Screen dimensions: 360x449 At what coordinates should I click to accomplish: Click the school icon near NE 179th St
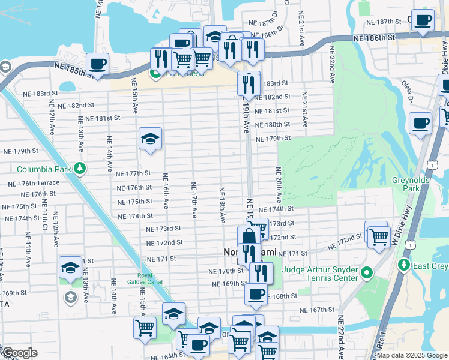click(x=149, y=140)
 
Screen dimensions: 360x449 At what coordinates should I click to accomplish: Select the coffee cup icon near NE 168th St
click(x=255, y=294)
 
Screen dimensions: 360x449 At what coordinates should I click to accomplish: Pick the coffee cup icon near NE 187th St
click(x=423, y=20)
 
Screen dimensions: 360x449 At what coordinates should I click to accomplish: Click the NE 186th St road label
click(x=374, y=37)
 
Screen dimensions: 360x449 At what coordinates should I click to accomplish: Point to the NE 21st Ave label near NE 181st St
click(x=305, y=109)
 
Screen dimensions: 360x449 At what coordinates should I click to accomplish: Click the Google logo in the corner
click(x=19, y=353)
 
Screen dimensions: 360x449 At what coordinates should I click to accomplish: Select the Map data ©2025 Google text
click(x=411, y=355)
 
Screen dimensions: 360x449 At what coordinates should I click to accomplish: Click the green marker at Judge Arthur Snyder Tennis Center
click(x=366, y=274)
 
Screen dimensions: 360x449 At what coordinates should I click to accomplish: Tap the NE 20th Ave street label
click(x=279, y=185)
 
